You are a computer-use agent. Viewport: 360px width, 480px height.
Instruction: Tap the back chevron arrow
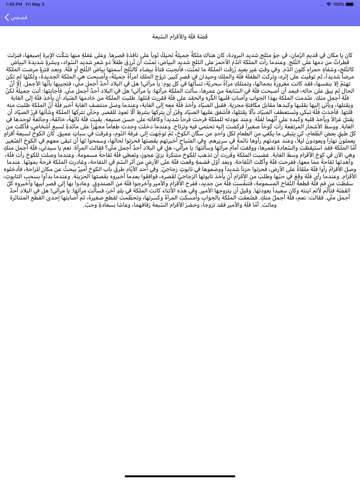point(6,17)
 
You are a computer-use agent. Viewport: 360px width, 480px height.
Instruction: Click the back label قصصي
point(19,17)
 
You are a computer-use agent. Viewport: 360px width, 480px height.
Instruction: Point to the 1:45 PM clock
point(14,4)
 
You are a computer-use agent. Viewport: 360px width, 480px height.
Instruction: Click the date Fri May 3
point(35,4)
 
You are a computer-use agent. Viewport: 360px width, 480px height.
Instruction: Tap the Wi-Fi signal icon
point(328,4)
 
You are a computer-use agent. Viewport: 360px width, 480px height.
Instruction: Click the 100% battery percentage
point(338,4)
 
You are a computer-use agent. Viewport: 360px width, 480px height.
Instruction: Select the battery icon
point(350,4)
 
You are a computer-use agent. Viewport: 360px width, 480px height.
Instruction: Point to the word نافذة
point(116,55)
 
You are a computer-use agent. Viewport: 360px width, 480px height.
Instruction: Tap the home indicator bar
point(180,476)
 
